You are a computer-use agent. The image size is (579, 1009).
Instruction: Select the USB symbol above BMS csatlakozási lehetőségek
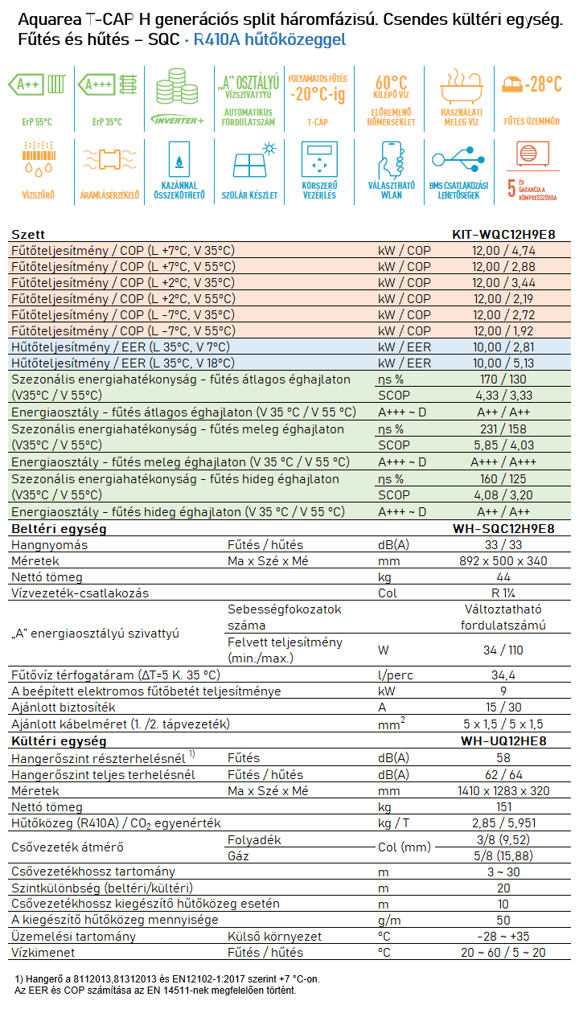(458, 159)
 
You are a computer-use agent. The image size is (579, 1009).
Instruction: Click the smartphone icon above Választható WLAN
(392, 160)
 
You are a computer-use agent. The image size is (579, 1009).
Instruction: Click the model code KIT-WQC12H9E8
(503, 234)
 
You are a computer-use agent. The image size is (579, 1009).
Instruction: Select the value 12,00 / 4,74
(503, 251)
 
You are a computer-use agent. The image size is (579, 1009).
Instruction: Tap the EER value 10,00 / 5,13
(503, 363)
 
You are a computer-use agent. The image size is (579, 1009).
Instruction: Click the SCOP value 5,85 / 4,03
(503, 445)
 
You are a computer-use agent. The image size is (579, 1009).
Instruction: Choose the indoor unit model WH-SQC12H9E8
(503, 528)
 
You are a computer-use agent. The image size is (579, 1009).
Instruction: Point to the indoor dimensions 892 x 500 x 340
(503, 561)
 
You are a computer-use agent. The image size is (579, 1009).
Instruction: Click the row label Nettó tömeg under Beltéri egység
(47, 577)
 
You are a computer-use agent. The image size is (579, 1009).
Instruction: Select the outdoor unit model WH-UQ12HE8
(503, 741)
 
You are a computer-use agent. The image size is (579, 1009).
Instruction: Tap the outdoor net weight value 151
(503, 806)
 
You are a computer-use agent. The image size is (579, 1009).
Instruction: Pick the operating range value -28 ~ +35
(503, 937)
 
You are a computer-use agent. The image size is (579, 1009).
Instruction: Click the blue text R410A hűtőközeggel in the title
(269, 39)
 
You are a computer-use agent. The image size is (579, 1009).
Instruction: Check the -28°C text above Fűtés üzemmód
(543, 84)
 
